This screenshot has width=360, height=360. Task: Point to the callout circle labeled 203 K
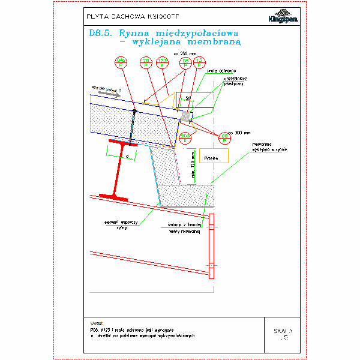tap(185, 139)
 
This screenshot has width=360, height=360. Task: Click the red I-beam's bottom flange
tap(113, 196)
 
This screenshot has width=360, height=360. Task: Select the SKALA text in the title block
tap(283, 331)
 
